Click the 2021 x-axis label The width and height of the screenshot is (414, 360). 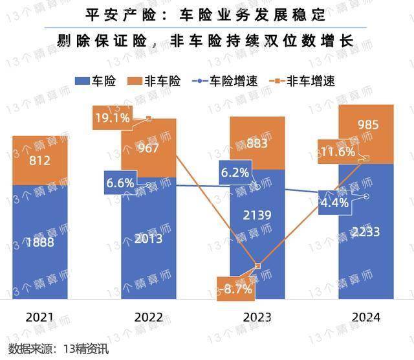(40, 317)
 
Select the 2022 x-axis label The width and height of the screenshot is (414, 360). (148, 317)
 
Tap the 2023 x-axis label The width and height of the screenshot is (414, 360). (257, 317)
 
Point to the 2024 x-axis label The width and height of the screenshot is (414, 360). (365, 317)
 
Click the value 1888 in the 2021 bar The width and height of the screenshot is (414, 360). (40, 243)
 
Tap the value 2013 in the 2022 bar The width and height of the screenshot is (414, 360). (148, 240)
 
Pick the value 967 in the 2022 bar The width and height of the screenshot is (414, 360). (148, 148)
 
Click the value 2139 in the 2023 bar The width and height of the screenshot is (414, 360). (257, 214)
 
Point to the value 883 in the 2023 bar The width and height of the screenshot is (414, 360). (257, 144)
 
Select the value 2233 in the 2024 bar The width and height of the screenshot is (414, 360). (365, 231)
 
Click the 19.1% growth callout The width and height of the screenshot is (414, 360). (113, 118)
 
